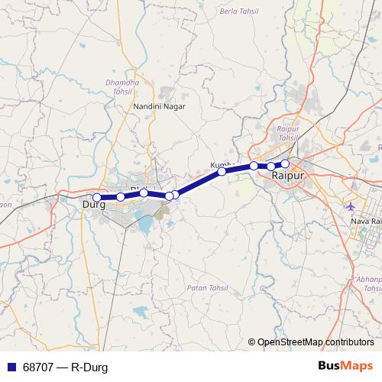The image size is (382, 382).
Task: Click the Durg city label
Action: tap(93, 205)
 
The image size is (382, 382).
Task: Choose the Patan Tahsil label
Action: tap(204, 287)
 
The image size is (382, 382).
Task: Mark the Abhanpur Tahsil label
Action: tap(371, 284)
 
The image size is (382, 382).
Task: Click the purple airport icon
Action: tap(350, 207)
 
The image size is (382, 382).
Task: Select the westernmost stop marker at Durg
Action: tap(96, 198)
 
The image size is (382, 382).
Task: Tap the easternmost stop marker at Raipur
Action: tap(285, 163)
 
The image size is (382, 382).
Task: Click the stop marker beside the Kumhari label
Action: tap(222, 172)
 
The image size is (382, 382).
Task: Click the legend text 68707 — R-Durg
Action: tap(64, 367)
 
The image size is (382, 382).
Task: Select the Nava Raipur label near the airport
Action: tap(365, 221)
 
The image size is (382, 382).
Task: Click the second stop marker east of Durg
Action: tap(144, 193)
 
